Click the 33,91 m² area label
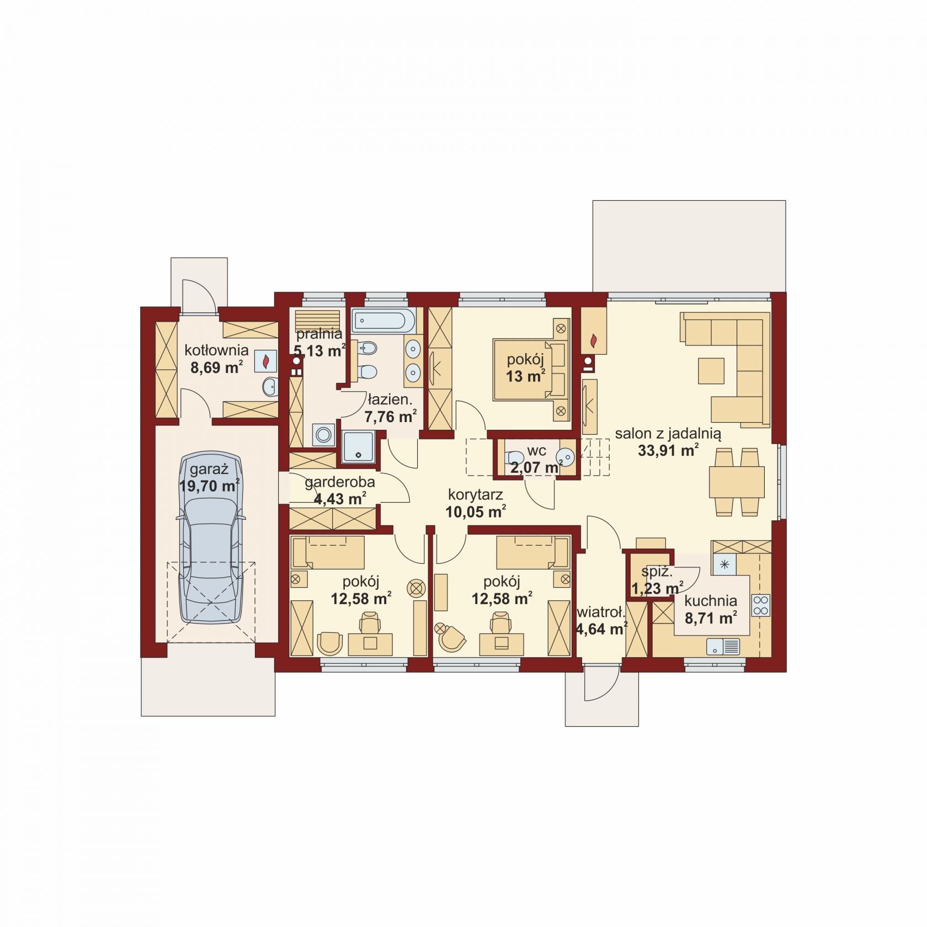(x=668, y=450)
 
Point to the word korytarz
(x=475, y=494)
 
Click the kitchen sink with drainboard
(x=723, y=646)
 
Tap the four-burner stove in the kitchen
(x=761, y=605)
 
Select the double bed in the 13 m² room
(x=531, y=369)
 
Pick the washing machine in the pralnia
(x=323, y=435)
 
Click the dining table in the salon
(x=737, y=482)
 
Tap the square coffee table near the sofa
(x=711, y=371)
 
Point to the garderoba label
(x=339, y=482)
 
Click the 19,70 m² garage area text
(x=210, y=486)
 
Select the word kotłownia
(x=216, y=350)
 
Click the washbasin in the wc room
(x=566, y=457)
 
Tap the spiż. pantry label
(x=657, y=572)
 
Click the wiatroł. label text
(x=601, y=611)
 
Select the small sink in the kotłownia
(x=270, y=387)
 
